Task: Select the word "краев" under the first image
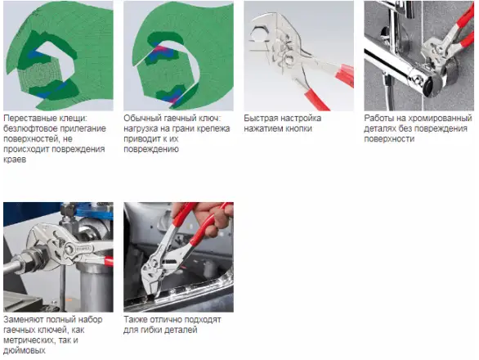click(15, 160)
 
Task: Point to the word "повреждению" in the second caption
click(151, 149)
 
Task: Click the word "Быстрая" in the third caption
click(261, 119)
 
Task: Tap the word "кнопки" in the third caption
click(299, 128)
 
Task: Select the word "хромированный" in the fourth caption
click(441, 119)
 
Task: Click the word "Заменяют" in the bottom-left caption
click(24, 320)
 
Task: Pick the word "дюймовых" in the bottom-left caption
click(25, 350)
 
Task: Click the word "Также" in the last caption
click(136, 320)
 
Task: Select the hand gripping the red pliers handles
click(211, 217)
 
